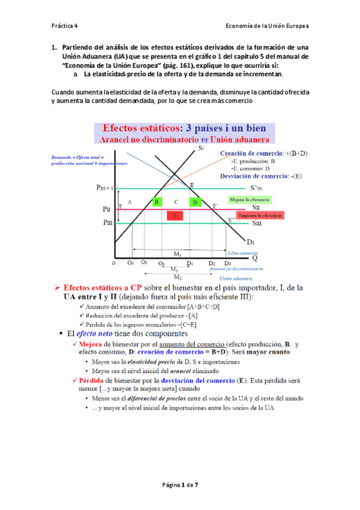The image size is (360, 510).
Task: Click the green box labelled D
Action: [x=195, y=202]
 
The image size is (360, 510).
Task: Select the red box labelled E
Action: [x=175, y=215]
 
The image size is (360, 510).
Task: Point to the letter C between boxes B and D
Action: [x=176, y=201]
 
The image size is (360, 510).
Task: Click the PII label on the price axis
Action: [x=106, y=209]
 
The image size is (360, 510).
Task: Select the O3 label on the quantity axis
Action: [x=131, y=263]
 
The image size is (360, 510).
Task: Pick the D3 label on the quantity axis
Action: [x=227, y=263]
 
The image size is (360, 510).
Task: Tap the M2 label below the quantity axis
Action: [x=178, y=277]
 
